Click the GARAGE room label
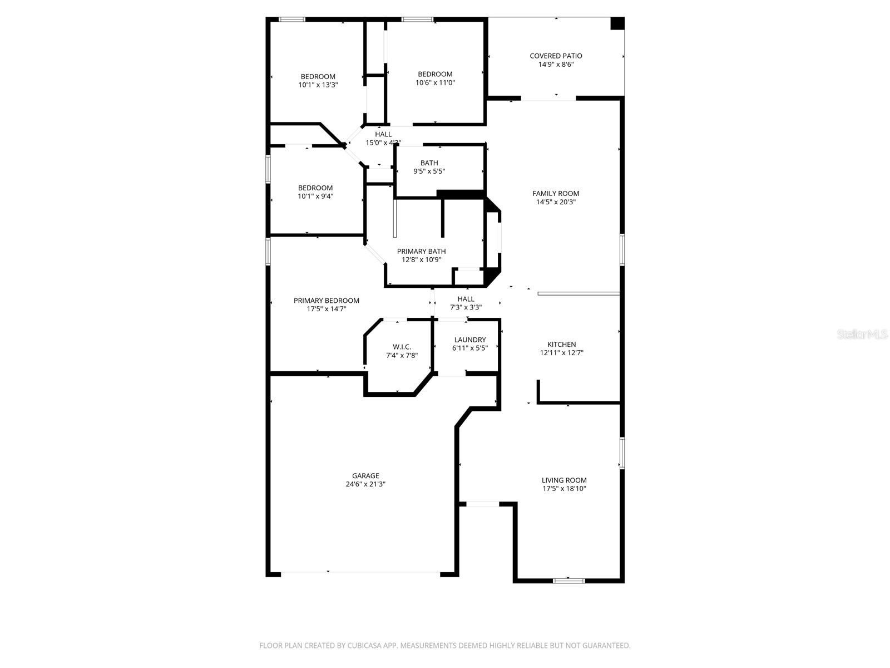pos(365,476)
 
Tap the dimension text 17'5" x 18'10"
pos(564,489)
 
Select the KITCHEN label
pos(561,345)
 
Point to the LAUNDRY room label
pos(469,340)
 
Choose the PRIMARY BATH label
pos(421,252)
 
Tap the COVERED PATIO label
pos(556,56)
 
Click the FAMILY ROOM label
pos(556,194)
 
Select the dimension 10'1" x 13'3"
pos(318,85)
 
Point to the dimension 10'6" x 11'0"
pos(435,82)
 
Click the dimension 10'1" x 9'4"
pos(315,197)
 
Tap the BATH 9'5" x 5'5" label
pos(429,167)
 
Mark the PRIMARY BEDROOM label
pos(327,301)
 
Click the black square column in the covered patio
pos(617,23)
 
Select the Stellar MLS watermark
pos(862,335)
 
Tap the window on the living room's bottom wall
pos(568,581)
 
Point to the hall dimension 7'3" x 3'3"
pos(466,307)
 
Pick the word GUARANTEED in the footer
pos(608,646)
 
